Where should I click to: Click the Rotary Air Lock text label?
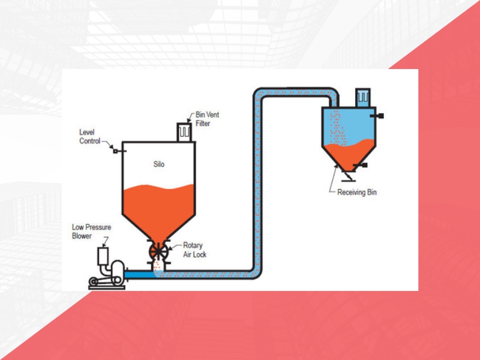click(186, 250)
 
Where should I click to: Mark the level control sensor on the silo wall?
click(115, 151)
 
